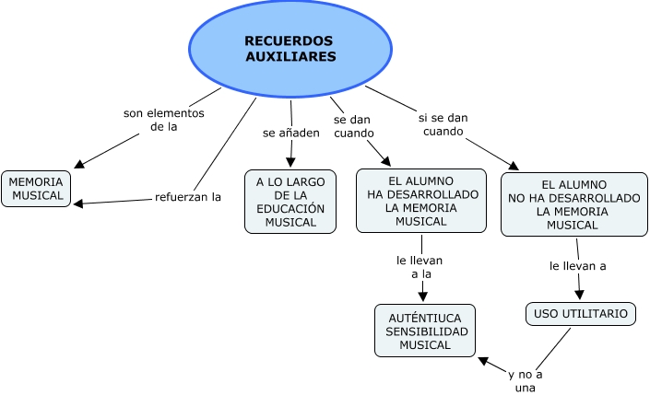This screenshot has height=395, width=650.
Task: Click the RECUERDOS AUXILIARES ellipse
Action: (x=290, y=49)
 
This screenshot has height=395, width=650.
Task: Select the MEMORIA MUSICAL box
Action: (x=36, y=189)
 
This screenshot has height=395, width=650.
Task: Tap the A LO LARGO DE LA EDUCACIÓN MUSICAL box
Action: (x=290, y=202)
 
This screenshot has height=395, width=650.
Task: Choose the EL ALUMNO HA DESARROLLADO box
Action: (x=420, y=201)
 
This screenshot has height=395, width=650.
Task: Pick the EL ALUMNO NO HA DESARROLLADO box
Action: (x=573, y=204)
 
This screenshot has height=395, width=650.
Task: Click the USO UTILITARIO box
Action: (x=581, y=314)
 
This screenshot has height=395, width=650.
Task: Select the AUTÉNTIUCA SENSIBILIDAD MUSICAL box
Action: (x=425, y=331)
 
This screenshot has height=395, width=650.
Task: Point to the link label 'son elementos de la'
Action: (x=163, y=120)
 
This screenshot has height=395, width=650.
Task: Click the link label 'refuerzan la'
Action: (x=188, y=196)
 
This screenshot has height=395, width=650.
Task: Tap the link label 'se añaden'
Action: (x=291, y=133)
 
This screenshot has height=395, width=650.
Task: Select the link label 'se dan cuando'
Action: (x=354, y=126)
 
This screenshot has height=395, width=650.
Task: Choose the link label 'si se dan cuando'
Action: (x=443, y=124)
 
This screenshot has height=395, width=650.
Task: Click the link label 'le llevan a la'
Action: (x=421, y=267)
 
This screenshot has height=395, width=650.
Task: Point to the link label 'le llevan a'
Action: (x=577, y=266)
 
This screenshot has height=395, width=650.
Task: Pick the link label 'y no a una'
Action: (x=526, y=381)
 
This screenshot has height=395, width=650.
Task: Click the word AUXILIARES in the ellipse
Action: (x=290, y=57)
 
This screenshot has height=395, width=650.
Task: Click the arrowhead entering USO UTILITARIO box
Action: (x=580, y=296)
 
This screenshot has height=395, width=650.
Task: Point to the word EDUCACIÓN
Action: (x=290, y=209)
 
